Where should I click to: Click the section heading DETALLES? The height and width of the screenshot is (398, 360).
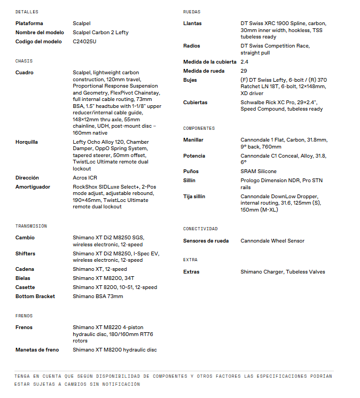point(27,12)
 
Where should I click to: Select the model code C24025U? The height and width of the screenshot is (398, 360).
point(84,42)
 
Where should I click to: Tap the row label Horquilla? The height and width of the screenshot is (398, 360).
point(27,142)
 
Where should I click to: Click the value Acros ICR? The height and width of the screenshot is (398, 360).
point(85,178)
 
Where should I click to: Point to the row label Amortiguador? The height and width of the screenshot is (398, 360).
point(33,187)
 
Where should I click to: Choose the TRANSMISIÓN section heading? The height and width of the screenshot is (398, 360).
point(32,227)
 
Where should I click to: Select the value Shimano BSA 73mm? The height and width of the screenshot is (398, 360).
point(98,296)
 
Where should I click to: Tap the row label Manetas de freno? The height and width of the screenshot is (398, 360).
point(37,350)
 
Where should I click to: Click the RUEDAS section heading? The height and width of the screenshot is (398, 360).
point(192,12)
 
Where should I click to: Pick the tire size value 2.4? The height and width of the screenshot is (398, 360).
point(244,62)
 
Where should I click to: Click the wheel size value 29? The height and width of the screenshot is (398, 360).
point(244,71)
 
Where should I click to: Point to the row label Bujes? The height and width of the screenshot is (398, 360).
point(190,80)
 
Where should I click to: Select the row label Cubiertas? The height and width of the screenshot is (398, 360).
point(195,103)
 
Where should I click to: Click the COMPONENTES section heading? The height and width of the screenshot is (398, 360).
point(199,129)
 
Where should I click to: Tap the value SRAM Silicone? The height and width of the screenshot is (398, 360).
point(259,171)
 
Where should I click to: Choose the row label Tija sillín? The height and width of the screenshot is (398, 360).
point(197,197)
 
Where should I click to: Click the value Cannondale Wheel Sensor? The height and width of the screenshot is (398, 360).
point(272,241)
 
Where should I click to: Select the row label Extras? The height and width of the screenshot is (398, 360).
point(191,272)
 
